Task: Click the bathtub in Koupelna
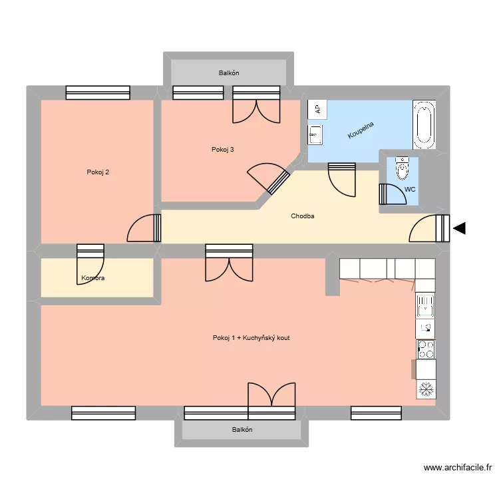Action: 423,124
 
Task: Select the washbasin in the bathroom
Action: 315,136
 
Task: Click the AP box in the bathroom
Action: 317,109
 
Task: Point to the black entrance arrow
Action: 459,229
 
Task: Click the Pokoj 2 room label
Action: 98,172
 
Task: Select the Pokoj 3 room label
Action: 222,149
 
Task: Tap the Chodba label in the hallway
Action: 303,216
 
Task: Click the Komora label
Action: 92,277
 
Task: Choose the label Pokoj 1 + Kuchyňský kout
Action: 251,338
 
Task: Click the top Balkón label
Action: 228,73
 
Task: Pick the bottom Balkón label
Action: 242,430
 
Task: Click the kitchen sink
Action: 424,306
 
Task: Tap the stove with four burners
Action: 425,349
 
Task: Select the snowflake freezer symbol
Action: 425,389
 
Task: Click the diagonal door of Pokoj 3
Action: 269,180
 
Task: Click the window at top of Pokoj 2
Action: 98,92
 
